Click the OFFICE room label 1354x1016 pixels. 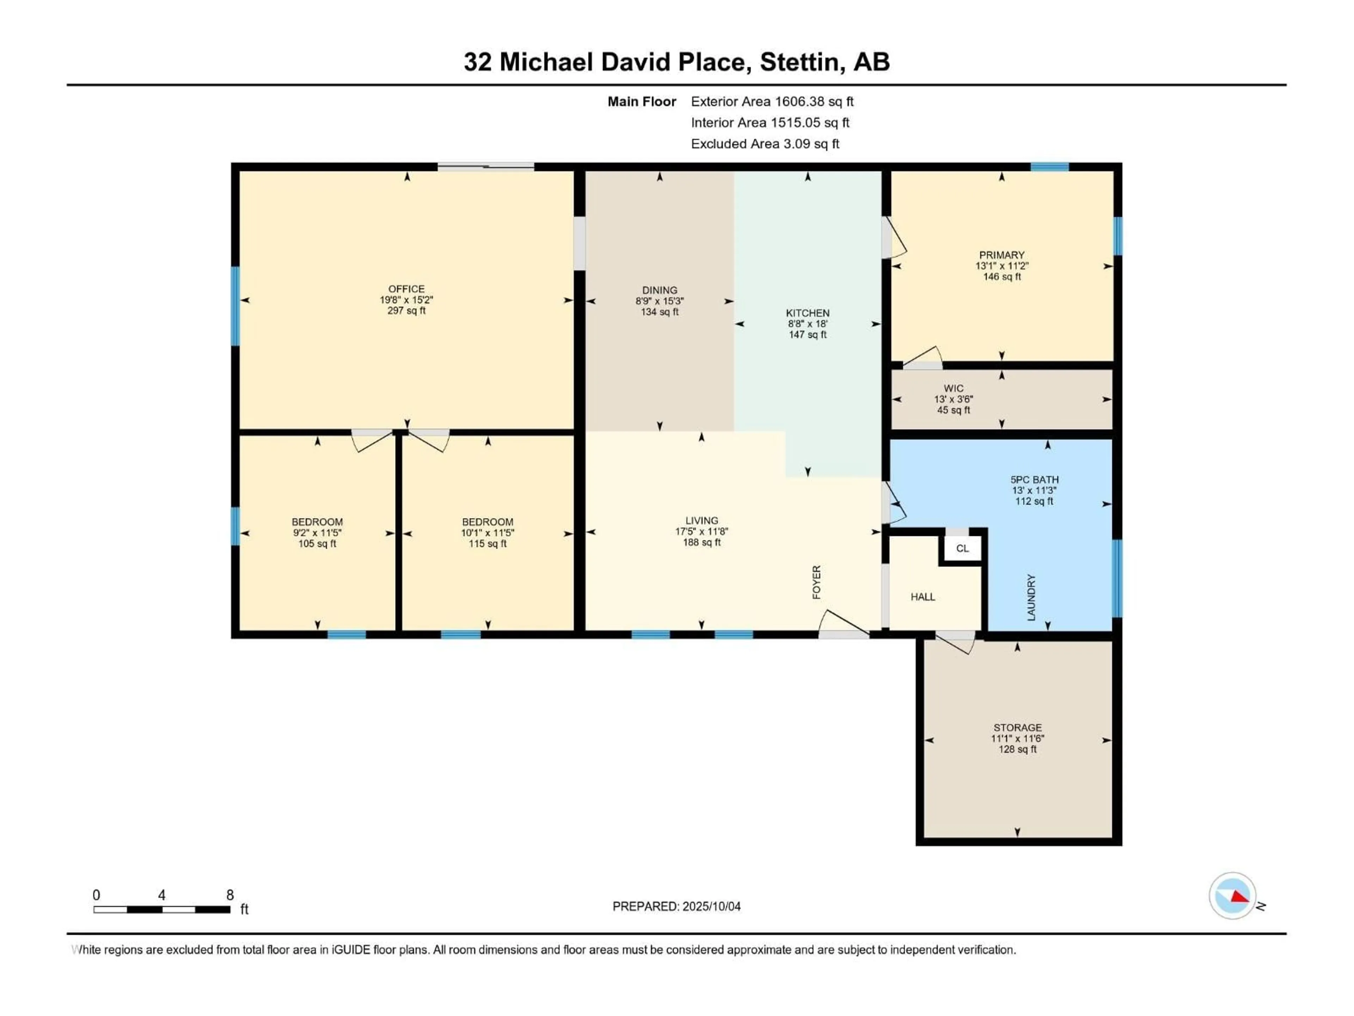tap(407, 289)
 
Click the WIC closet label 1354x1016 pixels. tap(954, 388)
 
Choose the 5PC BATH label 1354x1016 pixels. tap(1035, 479)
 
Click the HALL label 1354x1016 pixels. tap(922, 597)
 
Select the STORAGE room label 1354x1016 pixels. tap(1017, 727)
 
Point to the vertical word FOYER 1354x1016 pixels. tap(816, 582)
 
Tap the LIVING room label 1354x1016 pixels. tap(701, 521)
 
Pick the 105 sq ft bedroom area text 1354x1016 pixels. tap(317, 543)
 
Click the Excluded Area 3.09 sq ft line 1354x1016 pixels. tap(765, 144)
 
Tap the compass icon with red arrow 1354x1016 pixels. tap(1232, 896)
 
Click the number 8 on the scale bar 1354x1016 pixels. tap(230, 895)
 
